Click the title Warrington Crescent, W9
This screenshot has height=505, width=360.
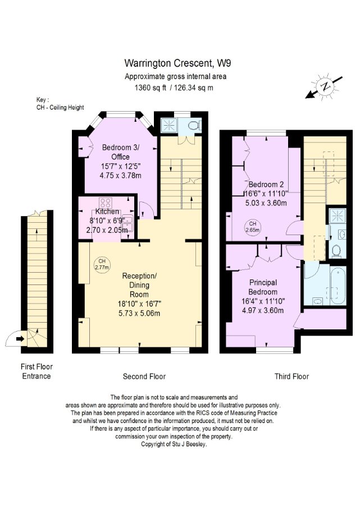[177, 63]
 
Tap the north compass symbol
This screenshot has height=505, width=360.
[325, 86]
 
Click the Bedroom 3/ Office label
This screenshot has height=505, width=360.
[121, 152]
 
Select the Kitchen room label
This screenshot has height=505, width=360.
[107, 212]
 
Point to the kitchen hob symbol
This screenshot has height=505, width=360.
[106, 203]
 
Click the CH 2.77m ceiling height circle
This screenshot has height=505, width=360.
[102, 264]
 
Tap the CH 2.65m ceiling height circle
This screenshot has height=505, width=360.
[252, 227]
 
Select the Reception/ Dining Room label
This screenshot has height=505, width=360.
[139, 285]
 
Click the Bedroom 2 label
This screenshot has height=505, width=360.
[266, 185]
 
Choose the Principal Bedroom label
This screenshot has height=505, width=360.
[263, 287]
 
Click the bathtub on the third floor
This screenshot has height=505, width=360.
[338, 286]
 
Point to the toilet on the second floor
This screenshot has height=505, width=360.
[195, 125]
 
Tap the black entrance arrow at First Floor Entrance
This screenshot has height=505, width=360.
[20, 338]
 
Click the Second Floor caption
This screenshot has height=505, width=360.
[144, 377]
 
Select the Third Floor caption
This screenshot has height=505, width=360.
[291, 377]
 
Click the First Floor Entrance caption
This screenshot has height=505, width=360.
[37, 371]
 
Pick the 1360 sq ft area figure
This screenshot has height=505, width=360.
[150, 88]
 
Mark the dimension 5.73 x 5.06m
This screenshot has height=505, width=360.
[139, 313]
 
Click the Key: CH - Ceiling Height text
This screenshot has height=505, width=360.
[60, 104]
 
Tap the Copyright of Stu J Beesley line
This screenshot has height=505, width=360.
[174, 444]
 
